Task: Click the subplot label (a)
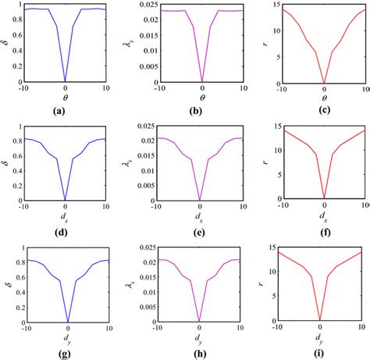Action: click(x=66, y=111)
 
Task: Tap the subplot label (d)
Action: click(x=66, y=232)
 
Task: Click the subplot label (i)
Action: click(x=321, y=353)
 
